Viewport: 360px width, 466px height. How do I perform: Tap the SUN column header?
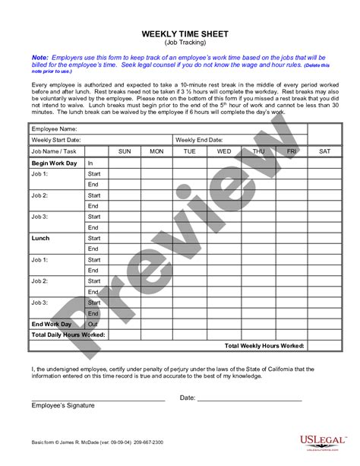coord(125,152)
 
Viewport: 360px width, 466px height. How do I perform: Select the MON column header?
coord(156,152)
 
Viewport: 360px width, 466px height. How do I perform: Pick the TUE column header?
coord(190,152)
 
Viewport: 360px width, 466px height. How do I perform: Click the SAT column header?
coord(325,152)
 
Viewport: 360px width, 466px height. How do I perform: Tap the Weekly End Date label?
coord(199,141)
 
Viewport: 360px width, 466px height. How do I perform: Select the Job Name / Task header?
coord(55,152)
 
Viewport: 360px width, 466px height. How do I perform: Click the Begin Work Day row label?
coord(55,163)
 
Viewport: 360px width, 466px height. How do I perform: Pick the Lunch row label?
coord(41,237)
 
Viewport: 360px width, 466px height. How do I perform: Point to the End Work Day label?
coord(52,323)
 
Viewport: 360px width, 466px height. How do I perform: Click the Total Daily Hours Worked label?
coord(68,334)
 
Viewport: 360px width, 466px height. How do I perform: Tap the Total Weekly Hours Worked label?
coord(265,344)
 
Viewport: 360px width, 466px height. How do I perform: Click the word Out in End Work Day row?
coord(93,323)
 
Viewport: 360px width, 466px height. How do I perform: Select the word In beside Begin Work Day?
coord(90,163)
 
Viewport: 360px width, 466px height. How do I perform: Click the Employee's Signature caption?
coord(63,405)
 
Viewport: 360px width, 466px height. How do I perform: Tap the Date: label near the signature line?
coord(188,397)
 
